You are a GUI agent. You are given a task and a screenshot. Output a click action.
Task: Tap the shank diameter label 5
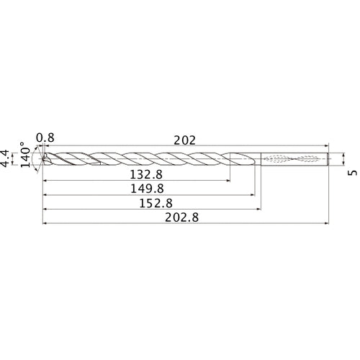[351, 172]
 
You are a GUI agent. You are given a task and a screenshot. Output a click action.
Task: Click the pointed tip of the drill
[42, 159]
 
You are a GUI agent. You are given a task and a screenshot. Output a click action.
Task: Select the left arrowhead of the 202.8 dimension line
[45, 222]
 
